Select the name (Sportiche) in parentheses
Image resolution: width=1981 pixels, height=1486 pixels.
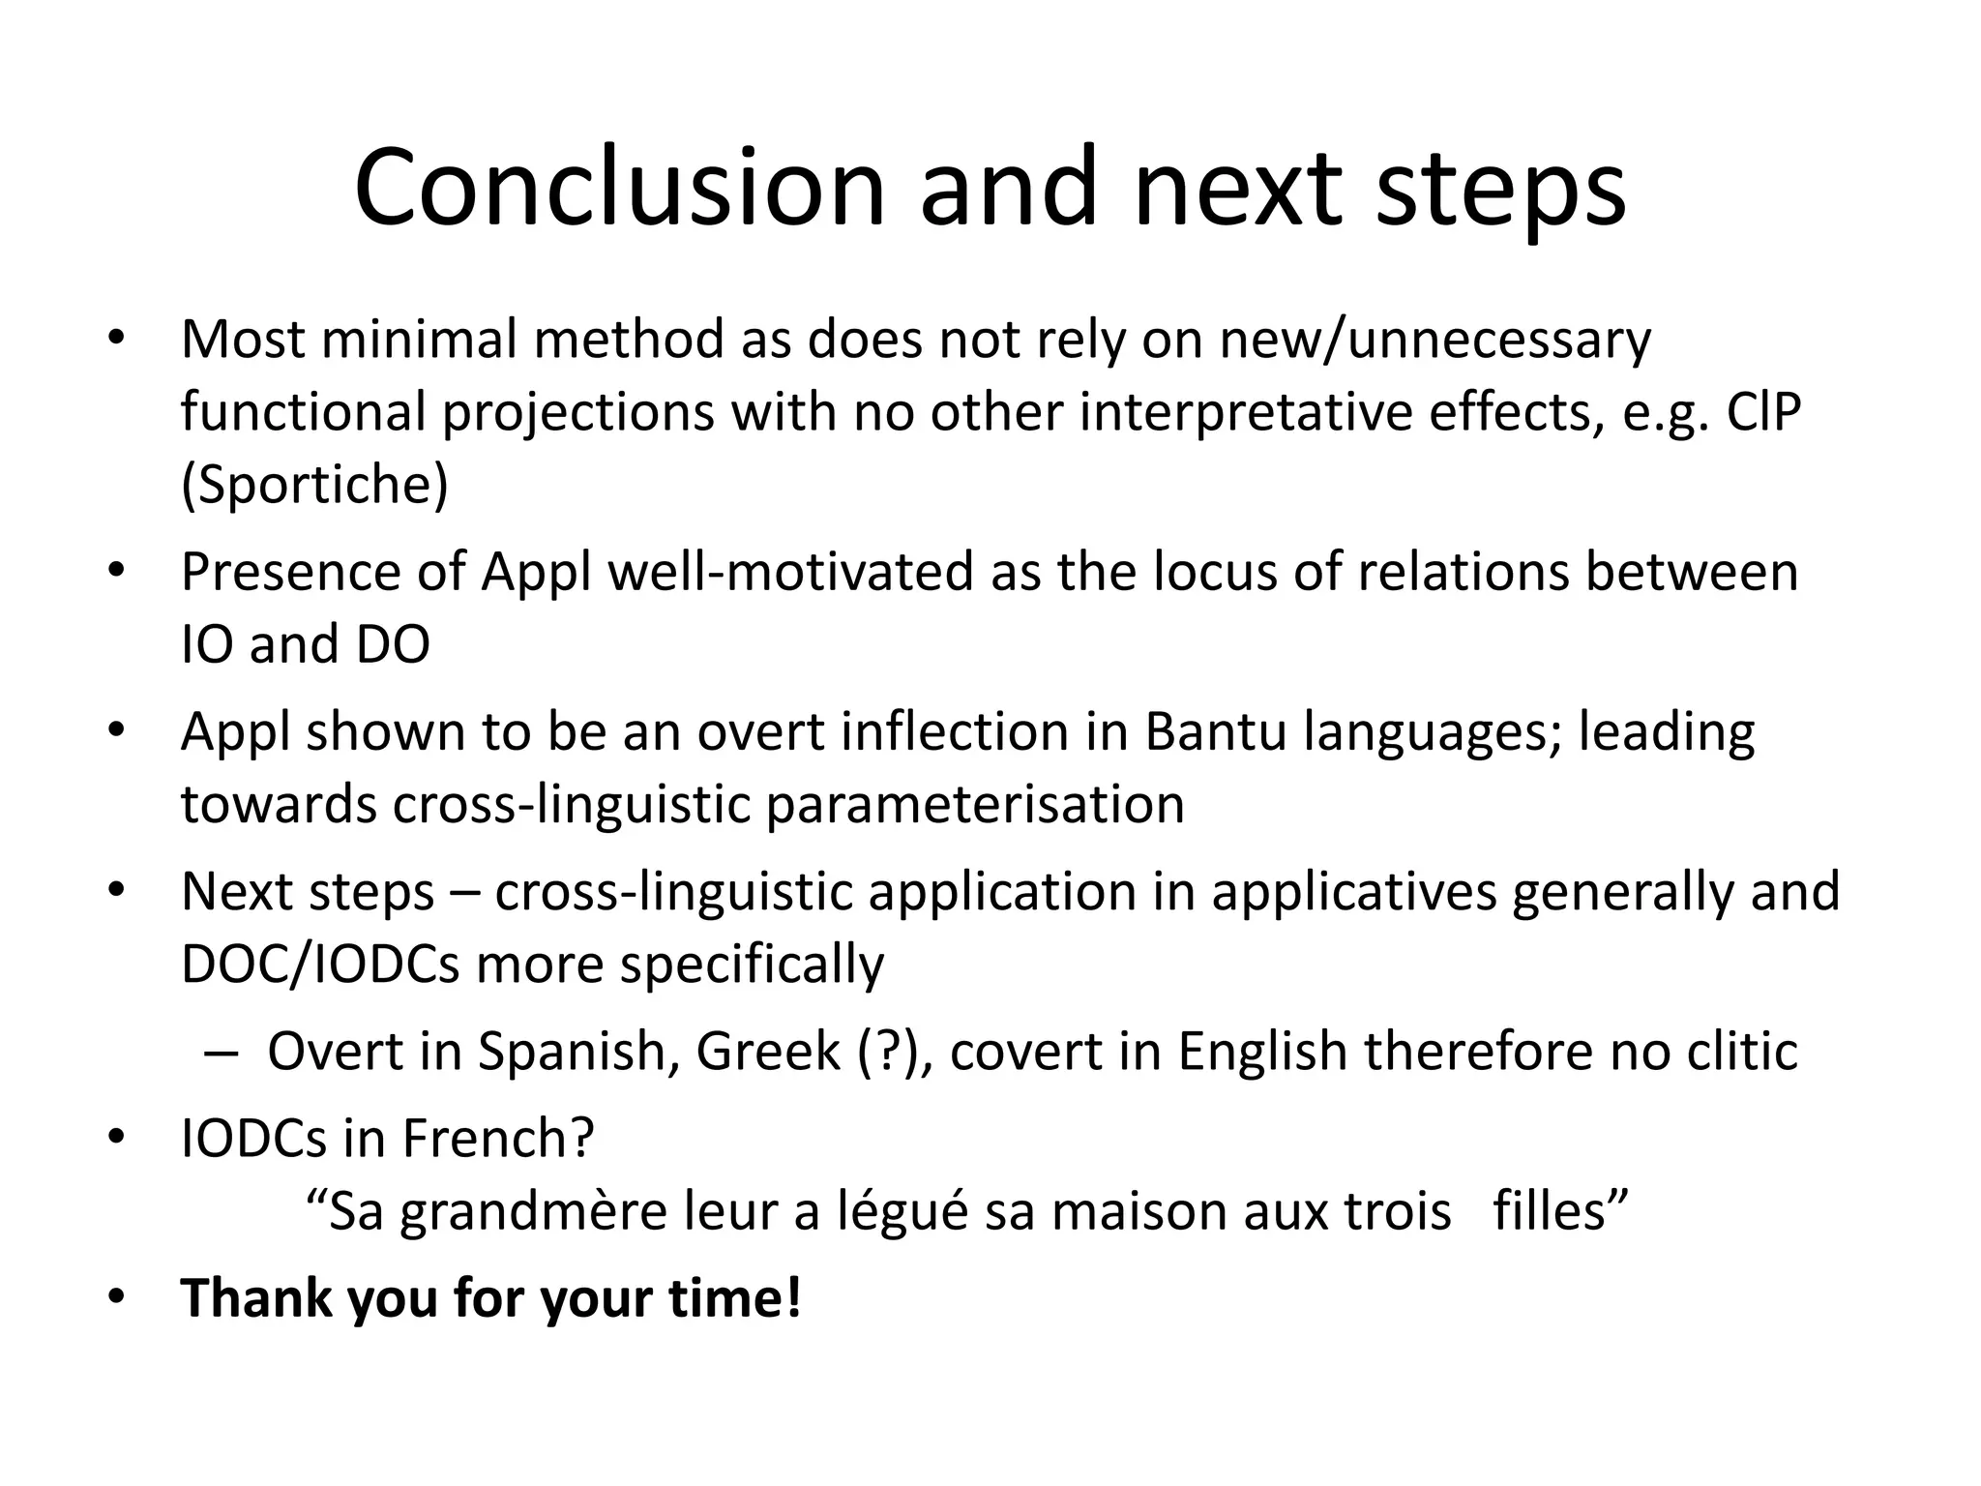click(314, 484)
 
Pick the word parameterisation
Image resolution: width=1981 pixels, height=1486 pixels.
click(975, 804)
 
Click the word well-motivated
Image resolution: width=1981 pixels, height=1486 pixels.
click(791, 572)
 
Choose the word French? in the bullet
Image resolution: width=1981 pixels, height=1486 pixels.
click(497, 1139)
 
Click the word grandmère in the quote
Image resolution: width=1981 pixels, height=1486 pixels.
click(533, 1211)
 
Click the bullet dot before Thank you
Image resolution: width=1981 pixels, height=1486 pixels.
click(117, 1296)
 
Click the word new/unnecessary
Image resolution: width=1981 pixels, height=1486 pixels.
click(1434, 340)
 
